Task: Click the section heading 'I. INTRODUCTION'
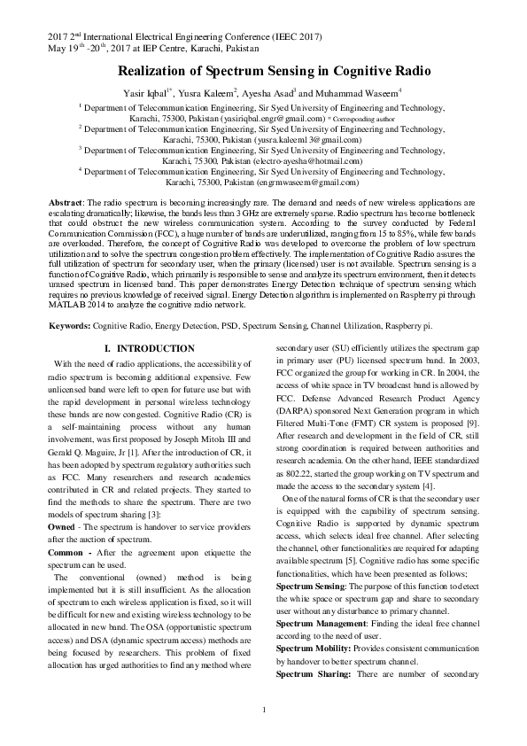(x=149, y=349)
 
